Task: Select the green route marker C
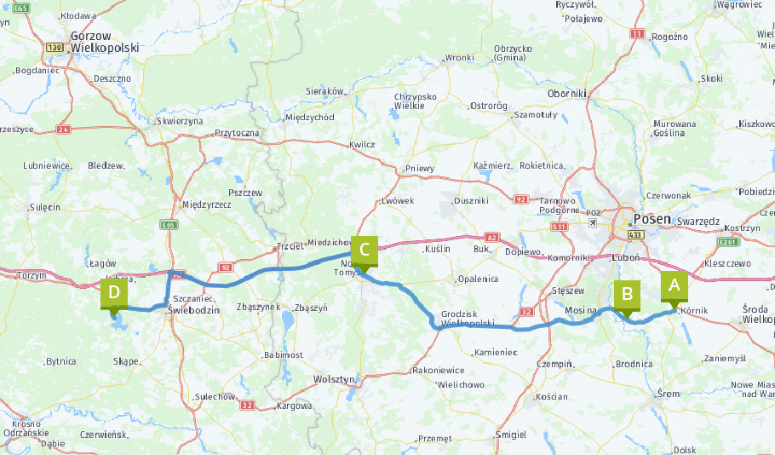[x=364, y=251]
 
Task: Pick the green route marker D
[x=113, y=293]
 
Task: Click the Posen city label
[x=652, y=219]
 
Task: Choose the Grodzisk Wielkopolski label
[x=467, y=319]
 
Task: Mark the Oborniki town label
[x=568, y=93]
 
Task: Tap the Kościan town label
[x=552, y=397]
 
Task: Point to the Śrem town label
[x=669, y=393]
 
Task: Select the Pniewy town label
[x=420, y=169]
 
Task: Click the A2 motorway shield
[x=491, y=238]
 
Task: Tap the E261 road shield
[x=727, y=242]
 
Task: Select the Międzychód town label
[x=310, y=117]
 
